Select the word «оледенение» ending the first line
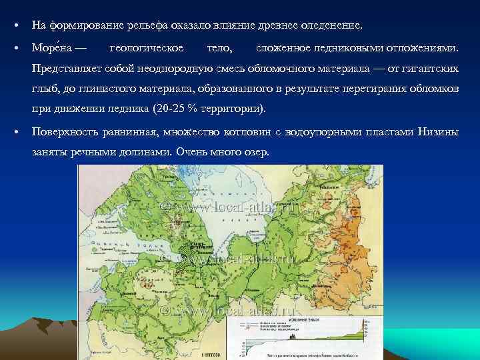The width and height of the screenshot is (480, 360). click(329, 26)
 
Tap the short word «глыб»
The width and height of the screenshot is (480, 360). click(43, 89)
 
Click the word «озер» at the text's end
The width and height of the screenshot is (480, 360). click(256, 152)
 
